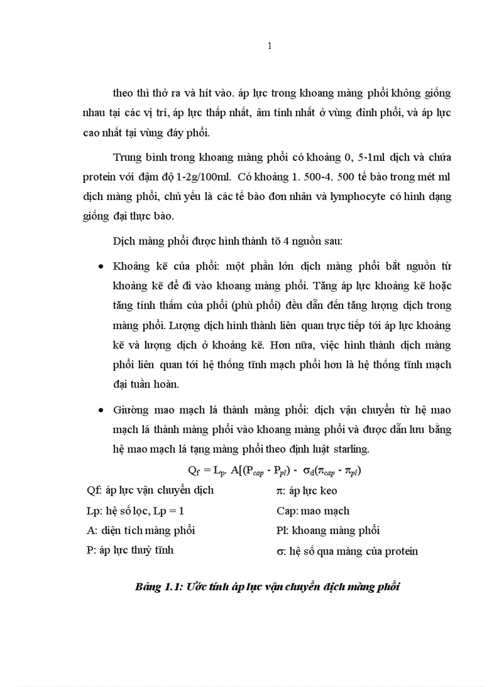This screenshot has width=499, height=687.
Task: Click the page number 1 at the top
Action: pos(270,46)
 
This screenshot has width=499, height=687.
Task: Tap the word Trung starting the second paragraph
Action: pos(127,157)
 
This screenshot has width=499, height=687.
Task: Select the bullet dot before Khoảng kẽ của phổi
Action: pos(100,267)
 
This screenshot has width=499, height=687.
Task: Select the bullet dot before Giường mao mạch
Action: pos(100,410)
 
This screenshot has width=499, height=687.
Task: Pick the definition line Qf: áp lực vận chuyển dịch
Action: pos(150,490)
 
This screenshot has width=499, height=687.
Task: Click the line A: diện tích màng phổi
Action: pos(141,530)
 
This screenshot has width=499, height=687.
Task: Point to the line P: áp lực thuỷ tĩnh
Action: pos(130,550)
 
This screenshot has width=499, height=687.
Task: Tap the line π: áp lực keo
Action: pos(306,490)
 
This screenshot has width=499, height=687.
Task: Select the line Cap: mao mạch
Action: pos(313,510)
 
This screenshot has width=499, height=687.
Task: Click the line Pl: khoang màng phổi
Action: pos(328,530)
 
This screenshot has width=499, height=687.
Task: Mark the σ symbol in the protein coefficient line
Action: pos(279,551)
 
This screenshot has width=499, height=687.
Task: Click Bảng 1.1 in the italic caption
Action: pos(156,587)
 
